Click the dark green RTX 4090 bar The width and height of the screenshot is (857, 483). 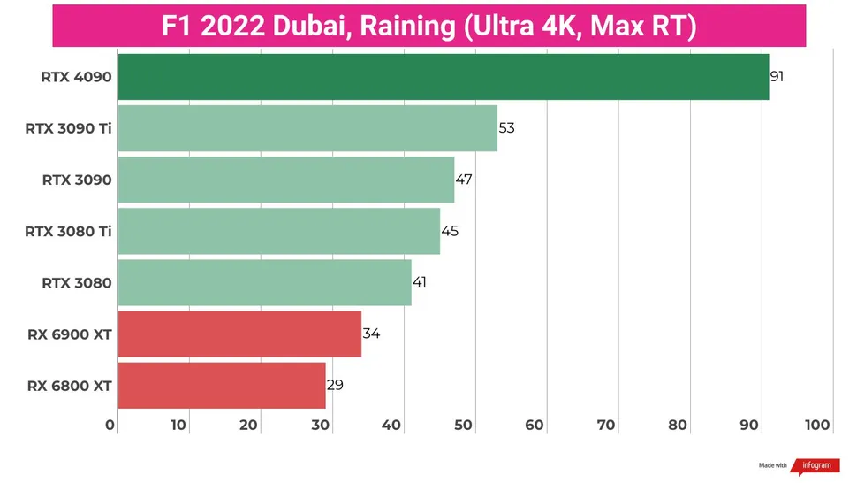442,77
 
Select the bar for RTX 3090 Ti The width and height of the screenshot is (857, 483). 307,128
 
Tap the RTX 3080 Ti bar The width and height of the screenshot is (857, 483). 278,231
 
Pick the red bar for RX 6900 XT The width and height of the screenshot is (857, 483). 239,333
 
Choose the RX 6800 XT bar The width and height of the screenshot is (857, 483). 221,385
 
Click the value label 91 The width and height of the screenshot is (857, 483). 777,77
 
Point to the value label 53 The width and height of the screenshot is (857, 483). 506,128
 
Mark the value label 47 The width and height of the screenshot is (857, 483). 464,180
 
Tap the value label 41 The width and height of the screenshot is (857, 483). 421,282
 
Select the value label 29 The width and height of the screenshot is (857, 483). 335,385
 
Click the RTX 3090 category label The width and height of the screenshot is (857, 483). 77,180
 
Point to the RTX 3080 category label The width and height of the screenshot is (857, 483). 77,283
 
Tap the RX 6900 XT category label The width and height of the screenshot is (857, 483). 70,334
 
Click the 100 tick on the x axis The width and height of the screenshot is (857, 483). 817,425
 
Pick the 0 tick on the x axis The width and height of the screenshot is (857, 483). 110,425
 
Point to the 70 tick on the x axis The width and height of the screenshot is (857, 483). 606,425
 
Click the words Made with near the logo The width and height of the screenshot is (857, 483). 772,465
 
